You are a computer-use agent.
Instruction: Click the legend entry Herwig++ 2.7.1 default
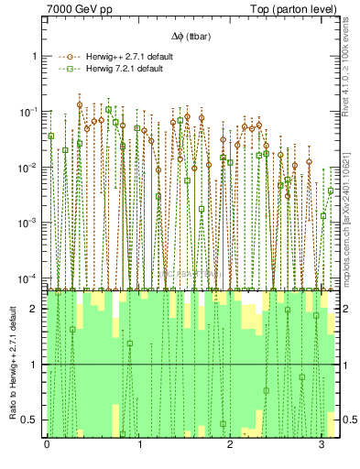click(x=125, y=57)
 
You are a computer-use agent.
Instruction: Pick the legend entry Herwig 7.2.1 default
click(x=121, y=70)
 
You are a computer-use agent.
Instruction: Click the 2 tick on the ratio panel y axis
click(x=36, y=309)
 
